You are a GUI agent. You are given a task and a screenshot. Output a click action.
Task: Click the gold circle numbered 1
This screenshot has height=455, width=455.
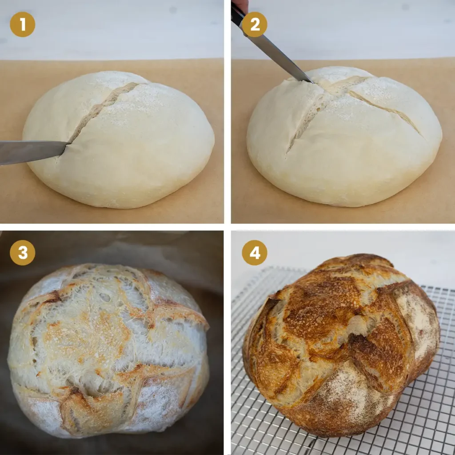(x=22, y=25)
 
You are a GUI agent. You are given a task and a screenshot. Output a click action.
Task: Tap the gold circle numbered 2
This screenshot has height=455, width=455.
(x=255, y=25)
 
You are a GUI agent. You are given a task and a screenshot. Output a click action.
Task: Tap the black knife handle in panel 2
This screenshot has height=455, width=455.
(x=237, y=16)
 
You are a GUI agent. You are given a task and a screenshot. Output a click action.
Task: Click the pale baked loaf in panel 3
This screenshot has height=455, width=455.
(x=109, y=347)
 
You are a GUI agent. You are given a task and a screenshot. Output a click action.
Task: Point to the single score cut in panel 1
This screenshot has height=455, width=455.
(x=102, y=109)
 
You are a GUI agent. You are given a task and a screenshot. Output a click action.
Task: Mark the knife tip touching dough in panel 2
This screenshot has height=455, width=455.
(x=311, y=81)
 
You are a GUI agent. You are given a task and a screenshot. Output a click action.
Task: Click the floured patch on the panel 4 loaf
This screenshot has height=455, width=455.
(x=351, y=391)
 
